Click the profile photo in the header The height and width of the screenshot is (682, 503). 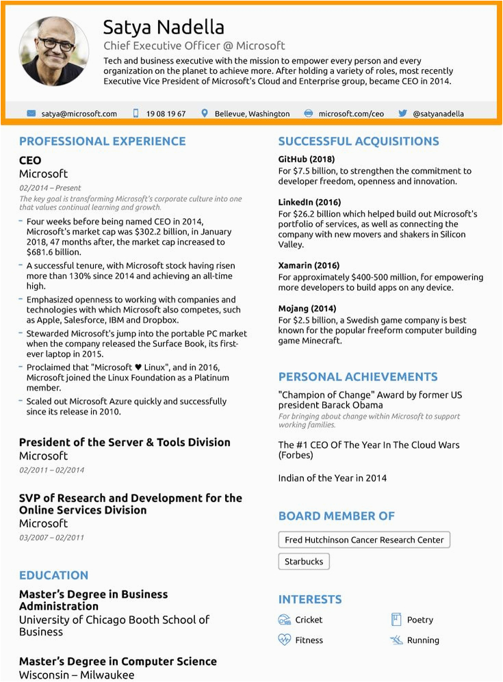[x=54, y=51]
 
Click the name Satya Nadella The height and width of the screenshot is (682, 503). [x=164, y=27]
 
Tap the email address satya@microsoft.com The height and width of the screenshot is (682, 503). [x=79, y=114]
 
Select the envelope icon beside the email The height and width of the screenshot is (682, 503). [x=31, y=114]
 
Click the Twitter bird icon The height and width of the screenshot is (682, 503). [x=402, y=114]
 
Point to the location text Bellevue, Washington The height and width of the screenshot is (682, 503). [x=252, y=114]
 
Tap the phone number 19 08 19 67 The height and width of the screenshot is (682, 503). [x=166, y=114]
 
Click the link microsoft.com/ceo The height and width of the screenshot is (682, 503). [x=351, y=114]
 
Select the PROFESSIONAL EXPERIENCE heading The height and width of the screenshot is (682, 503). [x=102, y=142]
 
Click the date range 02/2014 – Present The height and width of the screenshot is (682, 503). [x=50, y=187]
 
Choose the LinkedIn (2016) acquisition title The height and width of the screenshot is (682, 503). [x=309, y=202]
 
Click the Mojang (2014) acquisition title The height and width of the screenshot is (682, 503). [x=307, y=309]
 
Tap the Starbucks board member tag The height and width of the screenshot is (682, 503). [x=304, y=562]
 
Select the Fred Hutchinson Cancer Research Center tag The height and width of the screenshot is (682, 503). [x=364, y=540]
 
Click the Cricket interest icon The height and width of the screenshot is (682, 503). [x=285, y=620]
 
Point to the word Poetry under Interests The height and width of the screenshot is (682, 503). [x=420, y=620]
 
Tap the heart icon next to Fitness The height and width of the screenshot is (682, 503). [x=285, y=640]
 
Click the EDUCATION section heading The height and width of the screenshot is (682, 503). [x=53, y=575]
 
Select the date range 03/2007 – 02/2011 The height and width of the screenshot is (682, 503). [x=51, y=537]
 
